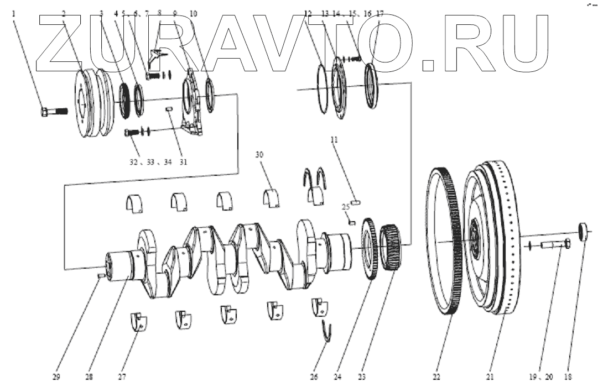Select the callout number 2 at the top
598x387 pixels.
(63, 13)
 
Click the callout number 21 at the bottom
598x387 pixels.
(490, 377)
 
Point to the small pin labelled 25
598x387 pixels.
(352, 223)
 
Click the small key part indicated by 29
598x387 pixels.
(101, 275)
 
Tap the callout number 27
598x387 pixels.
(122, 377)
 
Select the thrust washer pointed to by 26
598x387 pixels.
(327, 333)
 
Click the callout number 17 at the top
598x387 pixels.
(379, 13)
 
